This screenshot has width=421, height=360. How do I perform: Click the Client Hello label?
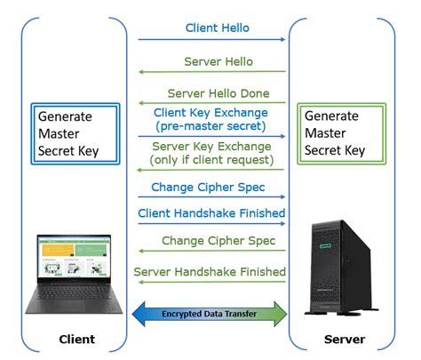pyautogui.click(x=217, y=28)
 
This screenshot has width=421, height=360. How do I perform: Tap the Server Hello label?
pyautogui.click(x=218, y=61)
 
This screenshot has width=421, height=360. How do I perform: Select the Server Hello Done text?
pyautogui.click(x=231, y=93)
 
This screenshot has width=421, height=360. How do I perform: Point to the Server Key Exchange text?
pyautogui.click(x=211, y=146)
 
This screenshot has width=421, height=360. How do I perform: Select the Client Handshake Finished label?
pyautogui.click(x=211, y=213)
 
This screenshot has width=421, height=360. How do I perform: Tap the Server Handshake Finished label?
pyautogui.click(x=210, y=271)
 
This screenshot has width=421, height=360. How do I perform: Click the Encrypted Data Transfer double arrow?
pyautogui.click(x=210, y=314)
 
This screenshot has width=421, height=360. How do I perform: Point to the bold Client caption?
pyautogui.click(x=76, y=340)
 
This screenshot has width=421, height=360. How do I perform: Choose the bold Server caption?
pyautogui.click(x=342, y=340)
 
